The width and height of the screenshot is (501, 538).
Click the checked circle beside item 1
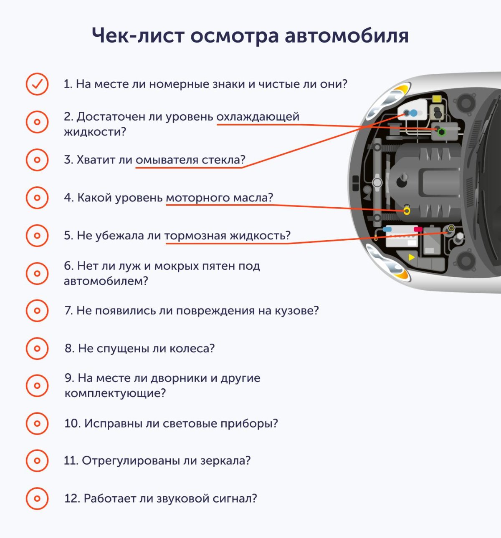tap(37, 84)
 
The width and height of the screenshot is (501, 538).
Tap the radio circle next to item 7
tap(37, 311)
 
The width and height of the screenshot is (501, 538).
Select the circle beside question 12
tap(37, 498)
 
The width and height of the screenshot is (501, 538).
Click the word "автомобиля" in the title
tap(347, 35)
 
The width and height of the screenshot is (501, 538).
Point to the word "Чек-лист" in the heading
tap(138, 35)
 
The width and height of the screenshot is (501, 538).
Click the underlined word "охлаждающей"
tap(258, 117)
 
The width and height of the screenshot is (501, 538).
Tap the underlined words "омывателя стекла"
tap(190, 160)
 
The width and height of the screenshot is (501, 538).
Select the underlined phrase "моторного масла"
tap(219, 197)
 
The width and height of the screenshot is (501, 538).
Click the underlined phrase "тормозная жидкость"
tap(227, 236)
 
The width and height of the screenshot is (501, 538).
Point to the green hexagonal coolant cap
tap(441, 132)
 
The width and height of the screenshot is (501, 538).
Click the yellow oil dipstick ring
tap(407, 211)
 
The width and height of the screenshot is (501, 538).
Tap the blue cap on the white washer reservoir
tap(413, 113)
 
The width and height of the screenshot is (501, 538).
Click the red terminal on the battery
tap(417, 229)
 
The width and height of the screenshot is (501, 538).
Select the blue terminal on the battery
tap(387, 229)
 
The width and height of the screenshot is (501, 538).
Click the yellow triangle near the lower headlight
tap(412, 257)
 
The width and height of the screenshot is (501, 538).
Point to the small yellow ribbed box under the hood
tap(437, 99)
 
